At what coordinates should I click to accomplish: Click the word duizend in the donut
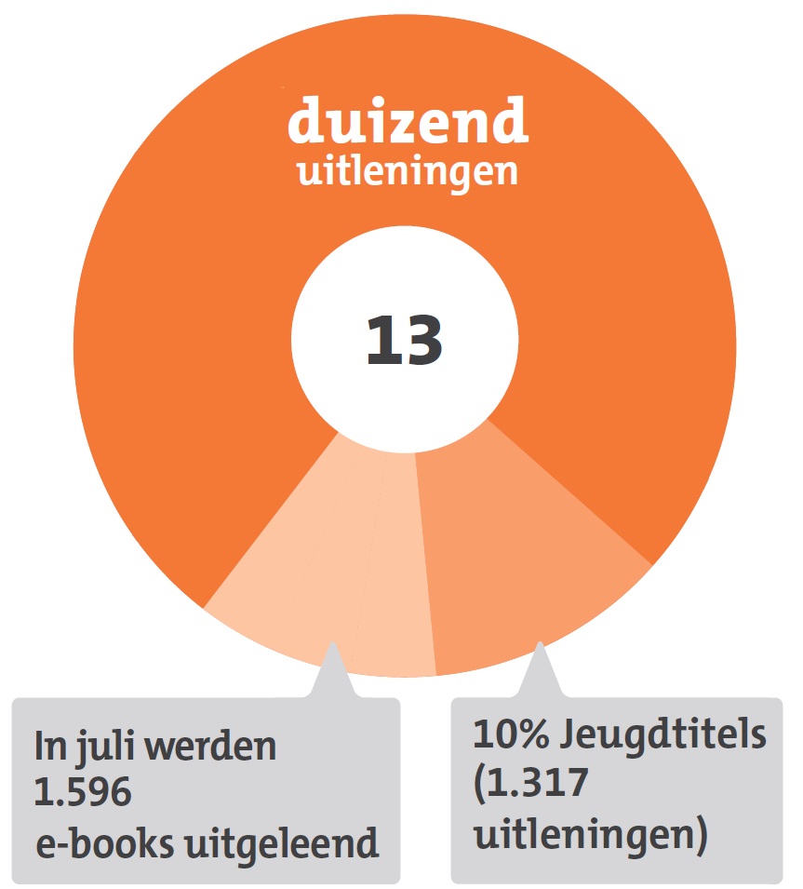click(x=408, y=122)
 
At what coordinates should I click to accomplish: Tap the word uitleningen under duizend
click(x=408, y=172)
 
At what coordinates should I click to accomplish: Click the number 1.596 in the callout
click(x=82, y=795)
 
